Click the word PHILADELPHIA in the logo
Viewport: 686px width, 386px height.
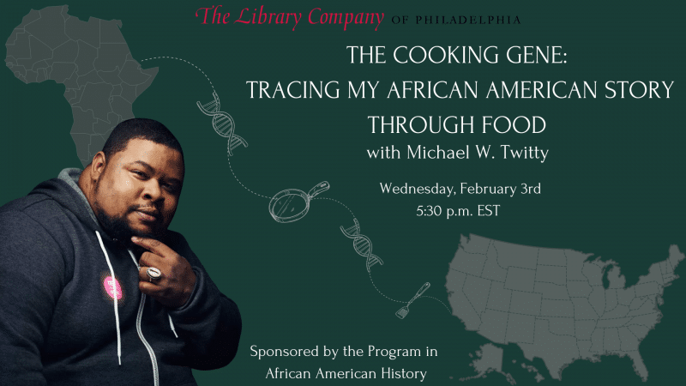pyautogui.click(x=467, y=20)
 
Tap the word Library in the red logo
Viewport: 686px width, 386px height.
pyautogui.click(x=268, y=17)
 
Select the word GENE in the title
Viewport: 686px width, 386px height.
pyautogui.click(x=537, y=55)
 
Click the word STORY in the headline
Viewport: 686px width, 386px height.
pyautogui.click(x=639, y=90)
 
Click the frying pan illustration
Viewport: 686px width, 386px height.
pyautogui.click(x=298, y=202)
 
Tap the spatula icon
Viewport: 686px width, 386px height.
pyautogui.click(x=413, y=300)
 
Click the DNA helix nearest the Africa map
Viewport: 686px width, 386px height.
pyautogui.click(x=222, y=124)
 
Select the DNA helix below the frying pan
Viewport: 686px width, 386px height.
pyautogui.click(x=361, y=244)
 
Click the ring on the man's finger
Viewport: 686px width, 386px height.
pyautogui.click(x=153, y=273)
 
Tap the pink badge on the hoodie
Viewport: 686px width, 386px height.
pyautogui.click(x=113, y=287)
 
